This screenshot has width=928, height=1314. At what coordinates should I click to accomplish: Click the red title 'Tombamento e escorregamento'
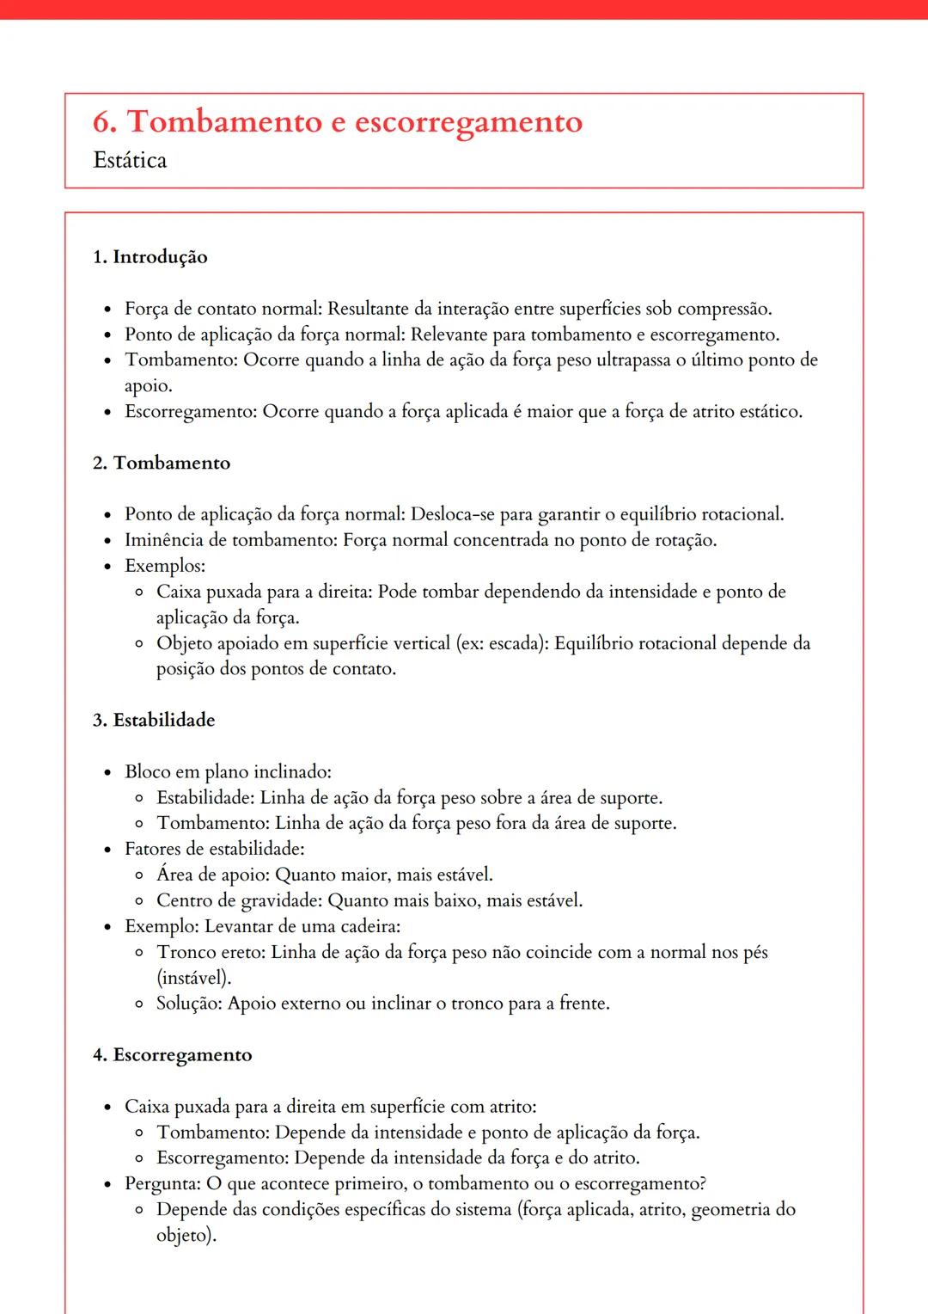[354, 122]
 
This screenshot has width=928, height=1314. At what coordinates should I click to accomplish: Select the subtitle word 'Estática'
[130, 161]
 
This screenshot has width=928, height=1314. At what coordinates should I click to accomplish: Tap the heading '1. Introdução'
[150, 257]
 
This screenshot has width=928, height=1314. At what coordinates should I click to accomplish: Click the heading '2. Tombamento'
[162, 463]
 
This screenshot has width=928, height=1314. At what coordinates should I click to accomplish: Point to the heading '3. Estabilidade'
[154, 720]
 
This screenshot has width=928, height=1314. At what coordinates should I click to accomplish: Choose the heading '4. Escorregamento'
[173, 1055]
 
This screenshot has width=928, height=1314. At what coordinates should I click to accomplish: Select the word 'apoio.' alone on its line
[149, 386]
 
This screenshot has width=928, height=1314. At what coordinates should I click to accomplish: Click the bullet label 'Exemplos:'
[165, 566]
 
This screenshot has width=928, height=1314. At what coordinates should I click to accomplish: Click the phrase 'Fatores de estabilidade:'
[215, 849]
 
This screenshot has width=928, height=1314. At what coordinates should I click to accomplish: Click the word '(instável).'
[194, 978]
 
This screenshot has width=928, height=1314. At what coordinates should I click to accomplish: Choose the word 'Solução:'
[189, 1004]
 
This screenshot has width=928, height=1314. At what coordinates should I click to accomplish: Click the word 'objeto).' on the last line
[186, 1236]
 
